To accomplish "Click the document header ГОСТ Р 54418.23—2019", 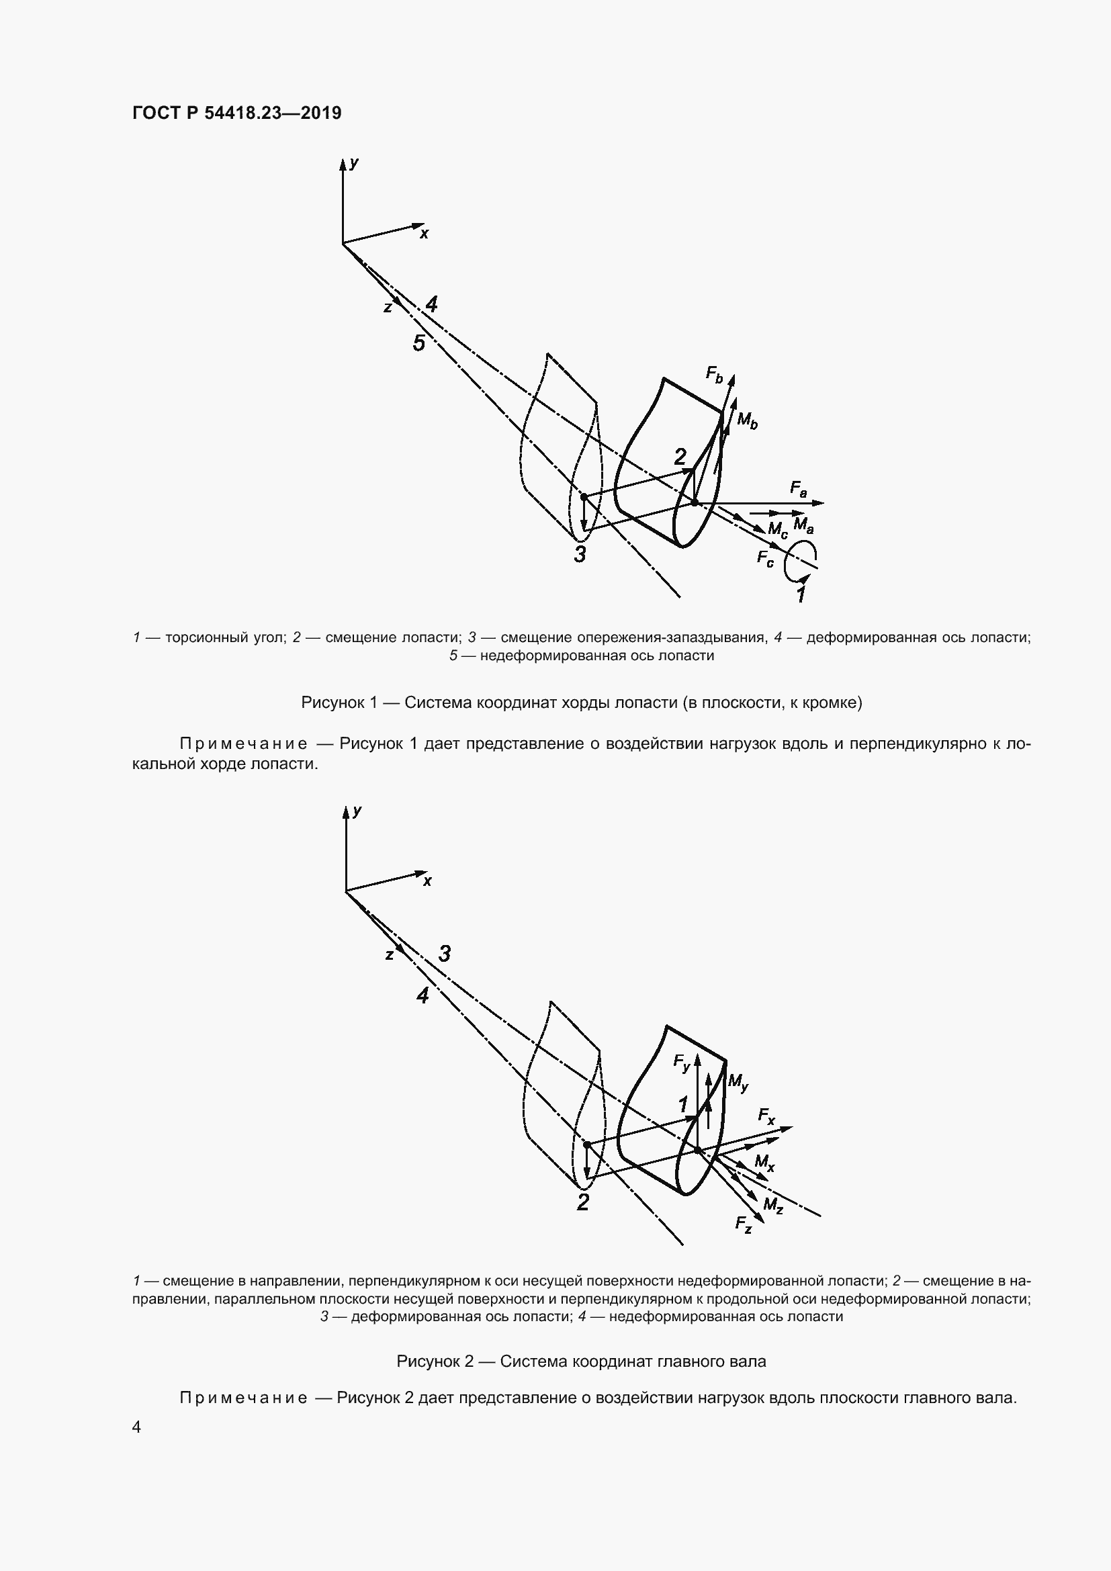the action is coord(236,113).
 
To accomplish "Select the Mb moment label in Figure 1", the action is coord(747,421).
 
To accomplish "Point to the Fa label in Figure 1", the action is coord(799,488).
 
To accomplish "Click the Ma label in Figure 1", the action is coord(803,526).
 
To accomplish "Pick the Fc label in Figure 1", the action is coord(765,559).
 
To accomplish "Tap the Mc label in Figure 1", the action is coord(777,529).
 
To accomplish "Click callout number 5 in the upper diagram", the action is coord(418,343).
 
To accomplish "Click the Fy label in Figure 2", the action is coord(681,1063).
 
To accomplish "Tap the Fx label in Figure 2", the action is coord(766,1118).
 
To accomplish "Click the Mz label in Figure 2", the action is coord(773,1205).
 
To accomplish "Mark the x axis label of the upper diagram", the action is coord(424,233).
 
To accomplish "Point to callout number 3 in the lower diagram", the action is coord(445,954).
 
